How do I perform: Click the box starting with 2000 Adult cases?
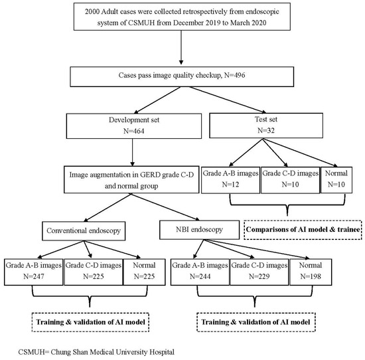tap(181, 18)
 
